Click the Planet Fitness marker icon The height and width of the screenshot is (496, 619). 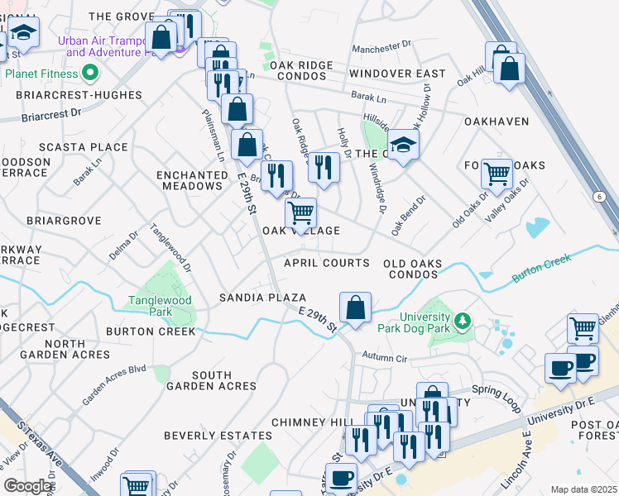(x=90, y=74)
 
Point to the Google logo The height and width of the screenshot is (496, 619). (x=27, y=486)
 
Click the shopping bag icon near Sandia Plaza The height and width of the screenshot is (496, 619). (x=355, y=309)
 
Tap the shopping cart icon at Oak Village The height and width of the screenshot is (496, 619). (x=301, y=213)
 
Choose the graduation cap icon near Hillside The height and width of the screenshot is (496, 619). (x=403, y=145)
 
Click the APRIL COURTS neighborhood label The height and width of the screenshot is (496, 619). (x=326, y=263)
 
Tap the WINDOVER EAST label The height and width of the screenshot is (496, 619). (x=397, y=74)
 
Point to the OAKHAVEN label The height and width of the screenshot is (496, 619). (x=497, y=122)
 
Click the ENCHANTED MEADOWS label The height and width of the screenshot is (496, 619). (x=193, y=180)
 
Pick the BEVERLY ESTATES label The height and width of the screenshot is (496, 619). (x=218, y=435)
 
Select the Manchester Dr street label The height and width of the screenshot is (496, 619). (x=381, y=49)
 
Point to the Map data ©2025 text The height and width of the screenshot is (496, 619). (x=583, y=489)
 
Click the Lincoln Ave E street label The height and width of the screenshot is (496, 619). (x=513, y=468)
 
